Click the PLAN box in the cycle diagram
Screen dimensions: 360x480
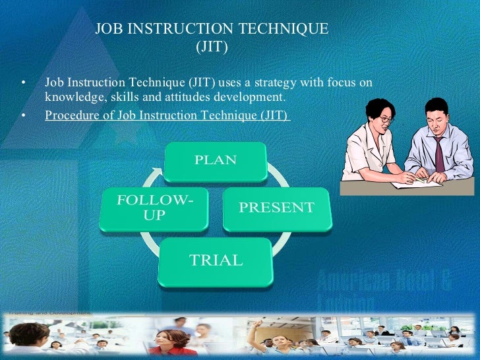[x=214, y=160]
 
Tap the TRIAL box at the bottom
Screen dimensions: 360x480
[x=216, y=260]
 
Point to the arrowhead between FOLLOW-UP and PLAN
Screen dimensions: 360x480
[x=156, y=173]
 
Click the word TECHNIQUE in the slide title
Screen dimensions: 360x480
[x=287, y=30]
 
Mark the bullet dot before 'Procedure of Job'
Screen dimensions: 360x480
[x=24, y=115]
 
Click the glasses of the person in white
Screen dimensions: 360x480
[x=385, y=119]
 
